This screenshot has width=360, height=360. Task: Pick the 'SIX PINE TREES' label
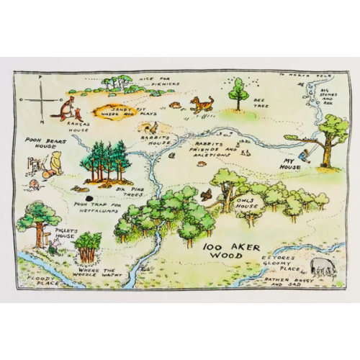129,190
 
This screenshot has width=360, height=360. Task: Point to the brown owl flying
206,194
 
